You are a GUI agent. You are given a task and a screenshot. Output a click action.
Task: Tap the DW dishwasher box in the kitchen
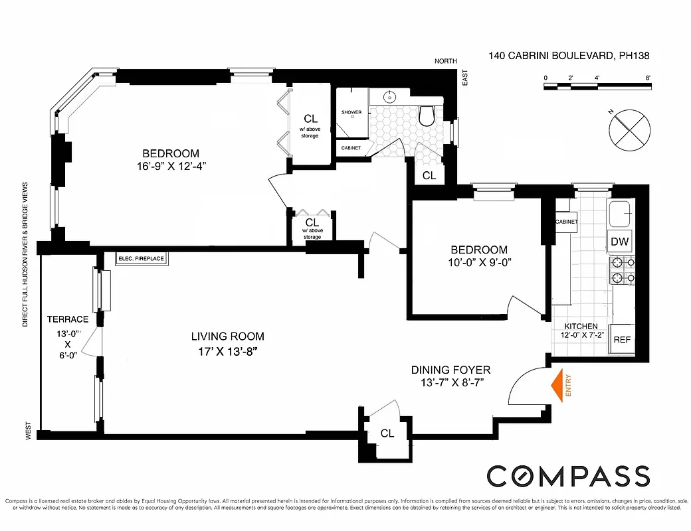619,242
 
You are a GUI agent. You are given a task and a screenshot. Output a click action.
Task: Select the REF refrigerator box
622,339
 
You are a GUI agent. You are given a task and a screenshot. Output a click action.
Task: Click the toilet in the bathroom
427,117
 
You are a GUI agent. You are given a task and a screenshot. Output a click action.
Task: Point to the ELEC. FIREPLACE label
140,258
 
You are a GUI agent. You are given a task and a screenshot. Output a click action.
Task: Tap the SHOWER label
351,112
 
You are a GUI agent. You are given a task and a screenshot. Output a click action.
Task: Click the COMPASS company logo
568,477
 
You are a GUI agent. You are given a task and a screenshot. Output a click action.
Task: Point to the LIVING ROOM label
228,337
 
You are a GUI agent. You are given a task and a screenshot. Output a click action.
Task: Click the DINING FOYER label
450,370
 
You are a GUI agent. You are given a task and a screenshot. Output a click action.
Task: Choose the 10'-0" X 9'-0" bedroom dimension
479,262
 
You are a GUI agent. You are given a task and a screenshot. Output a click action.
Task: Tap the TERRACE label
67,319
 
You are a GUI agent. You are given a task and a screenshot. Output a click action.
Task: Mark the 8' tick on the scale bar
648,78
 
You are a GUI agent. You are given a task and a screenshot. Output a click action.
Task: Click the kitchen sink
621,214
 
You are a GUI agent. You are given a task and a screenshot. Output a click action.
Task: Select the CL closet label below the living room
387,433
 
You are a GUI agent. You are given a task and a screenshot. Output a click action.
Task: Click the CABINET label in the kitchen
566,222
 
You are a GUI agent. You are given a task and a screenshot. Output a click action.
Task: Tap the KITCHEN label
581,327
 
